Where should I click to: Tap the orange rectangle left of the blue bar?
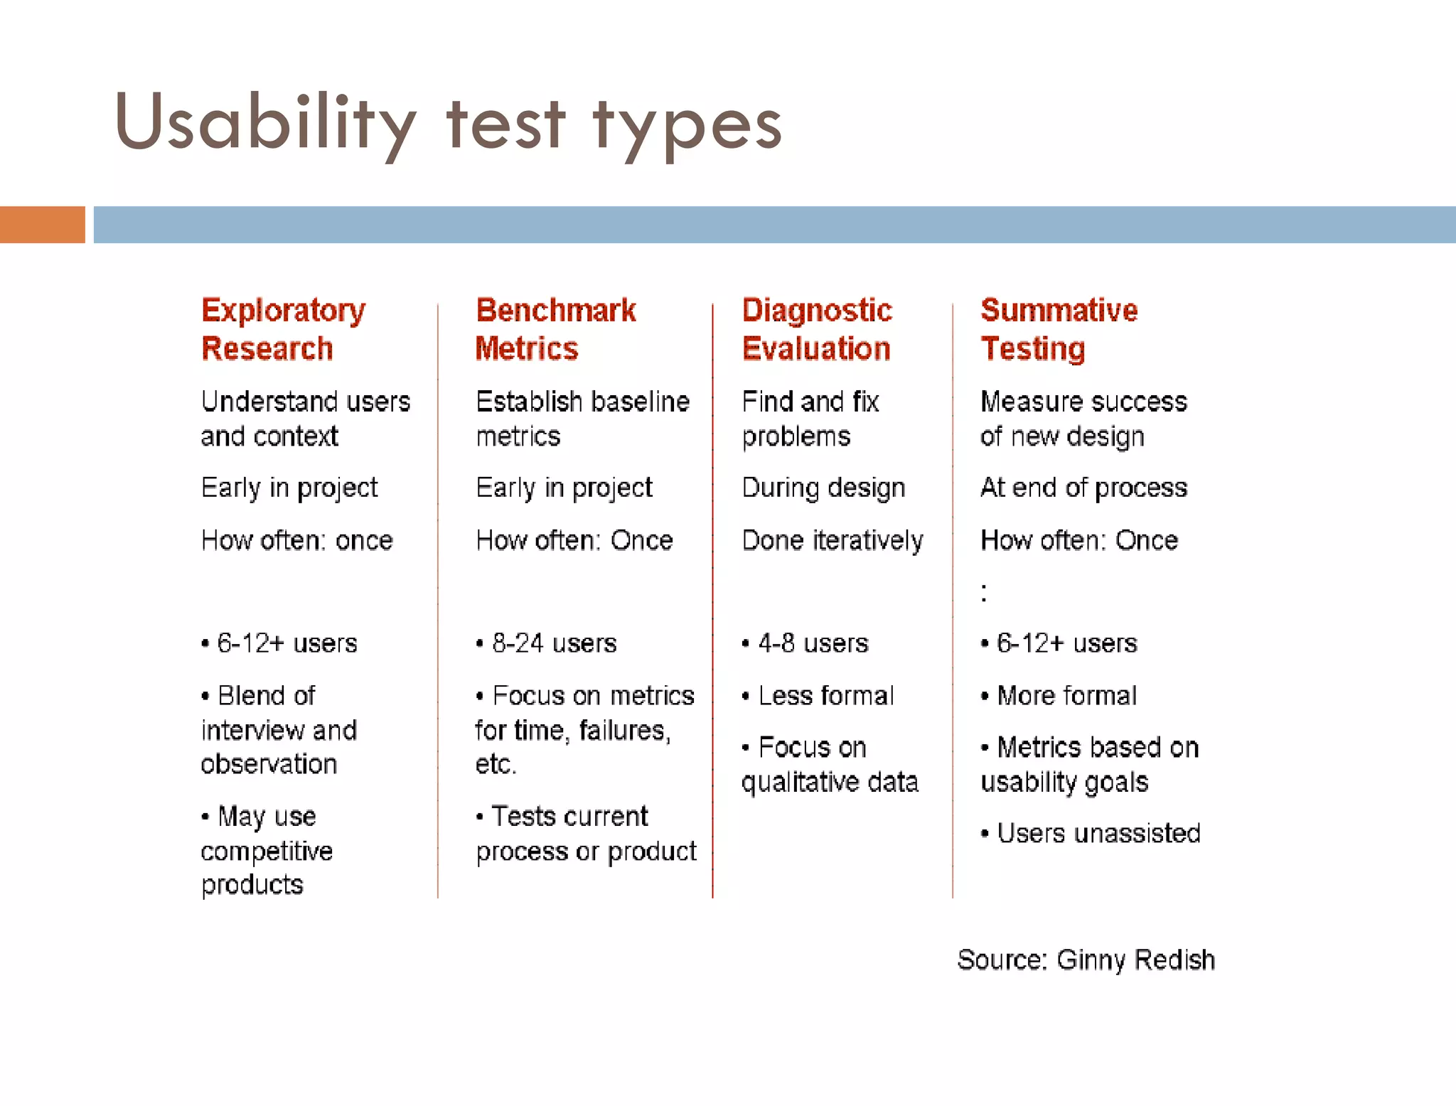(42, 225)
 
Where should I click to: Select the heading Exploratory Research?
(283, 329)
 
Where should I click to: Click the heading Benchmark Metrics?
(556, 329)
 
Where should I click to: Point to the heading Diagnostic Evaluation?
(817, 329)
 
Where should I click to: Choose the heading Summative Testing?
(1059, 329)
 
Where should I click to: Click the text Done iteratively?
(833, 541)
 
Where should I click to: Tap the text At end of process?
(1083, 488)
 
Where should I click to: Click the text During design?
(823, 488)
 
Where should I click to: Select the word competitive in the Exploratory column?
(267, 851)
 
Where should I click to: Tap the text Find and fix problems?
(810, 419)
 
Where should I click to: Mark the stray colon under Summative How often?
(984, 592)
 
